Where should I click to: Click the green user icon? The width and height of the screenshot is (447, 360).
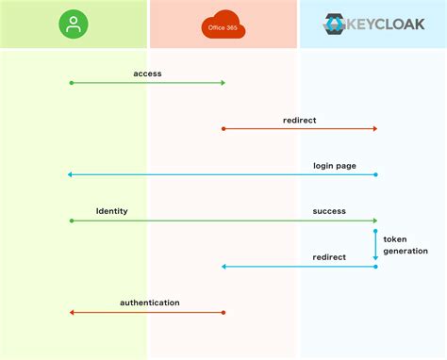(73, 25)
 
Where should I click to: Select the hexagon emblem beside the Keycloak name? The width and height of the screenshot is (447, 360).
(334, 24)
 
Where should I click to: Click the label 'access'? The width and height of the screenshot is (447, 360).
(148, 74)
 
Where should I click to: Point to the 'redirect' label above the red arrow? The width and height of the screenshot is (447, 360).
(299, 120)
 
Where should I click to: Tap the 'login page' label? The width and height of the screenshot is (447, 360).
(334, 166)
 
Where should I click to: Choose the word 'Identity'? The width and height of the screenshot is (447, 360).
(111, 211)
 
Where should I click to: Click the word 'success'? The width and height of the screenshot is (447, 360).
(329, 211)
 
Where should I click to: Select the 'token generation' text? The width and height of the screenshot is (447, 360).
(406, 245)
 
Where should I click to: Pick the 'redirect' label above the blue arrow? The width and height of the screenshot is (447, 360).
(329, 257)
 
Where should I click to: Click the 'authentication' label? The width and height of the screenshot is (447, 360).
(149, 303)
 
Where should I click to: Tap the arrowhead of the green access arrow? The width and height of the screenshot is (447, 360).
(223, 83)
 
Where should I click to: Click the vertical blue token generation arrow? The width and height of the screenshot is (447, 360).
(375, 244)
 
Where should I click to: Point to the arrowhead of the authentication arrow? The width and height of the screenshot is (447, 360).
(72, 312)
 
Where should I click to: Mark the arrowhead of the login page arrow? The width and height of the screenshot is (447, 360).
(70, 174)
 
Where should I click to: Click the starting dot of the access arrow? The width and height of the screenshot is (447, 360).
(71, 83)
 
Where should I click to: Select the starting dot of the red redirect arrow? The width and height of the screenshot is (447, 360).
(223, 128)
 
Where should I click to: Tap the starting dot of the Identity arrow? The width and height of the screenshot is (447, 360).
(71, 221)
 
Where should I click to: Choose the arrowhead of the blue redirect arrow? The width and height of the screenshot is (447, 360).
(223, 267)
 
